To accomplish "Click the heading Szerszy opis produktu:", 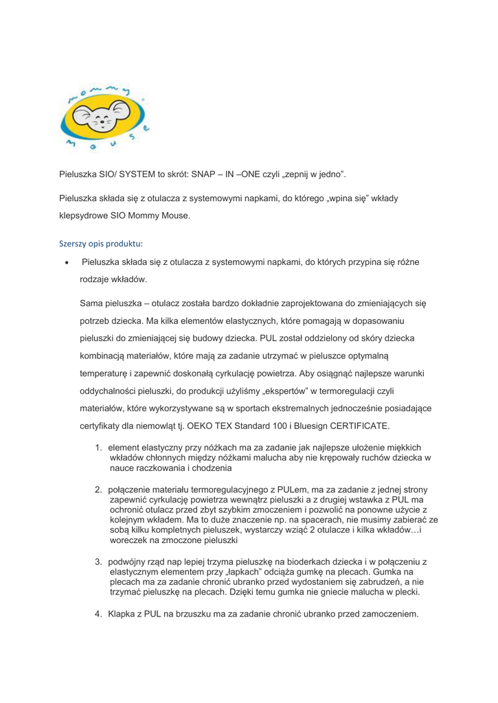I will [x=101, y=244].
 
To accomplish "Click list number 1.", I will [x=99, y=448].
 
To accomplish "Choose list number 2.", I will [x=99, y=489].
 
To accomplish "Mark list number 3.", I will [x=99, y=562].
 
